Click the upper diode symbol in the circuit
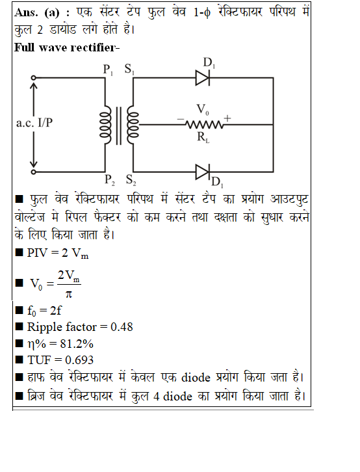point(202,78)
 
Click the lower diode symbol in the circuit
point(202,172)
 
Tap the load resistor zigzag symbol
point(204,124)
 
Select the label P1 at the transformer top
point(108,70)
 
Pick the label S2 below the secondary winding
point(131,179)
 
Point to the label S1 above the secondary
point(129,69)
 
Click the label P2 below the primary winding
point(109,179)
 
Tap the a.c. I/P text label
point(34,123)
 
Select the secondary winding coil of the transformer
point(133,124)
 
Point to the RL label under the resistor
point(203,137)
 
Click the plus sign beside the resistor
point(227,118)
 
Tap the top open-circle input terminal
point(34,78)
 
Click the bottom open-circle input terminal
point(34,172)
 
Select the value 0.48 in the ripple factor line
point(122,327)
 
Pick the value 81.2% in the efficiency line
point(77,343)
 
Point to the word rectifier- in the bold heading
point(95,47)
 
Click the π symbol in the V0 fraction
point(69,294)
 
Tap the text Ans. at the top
point(26,12)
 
